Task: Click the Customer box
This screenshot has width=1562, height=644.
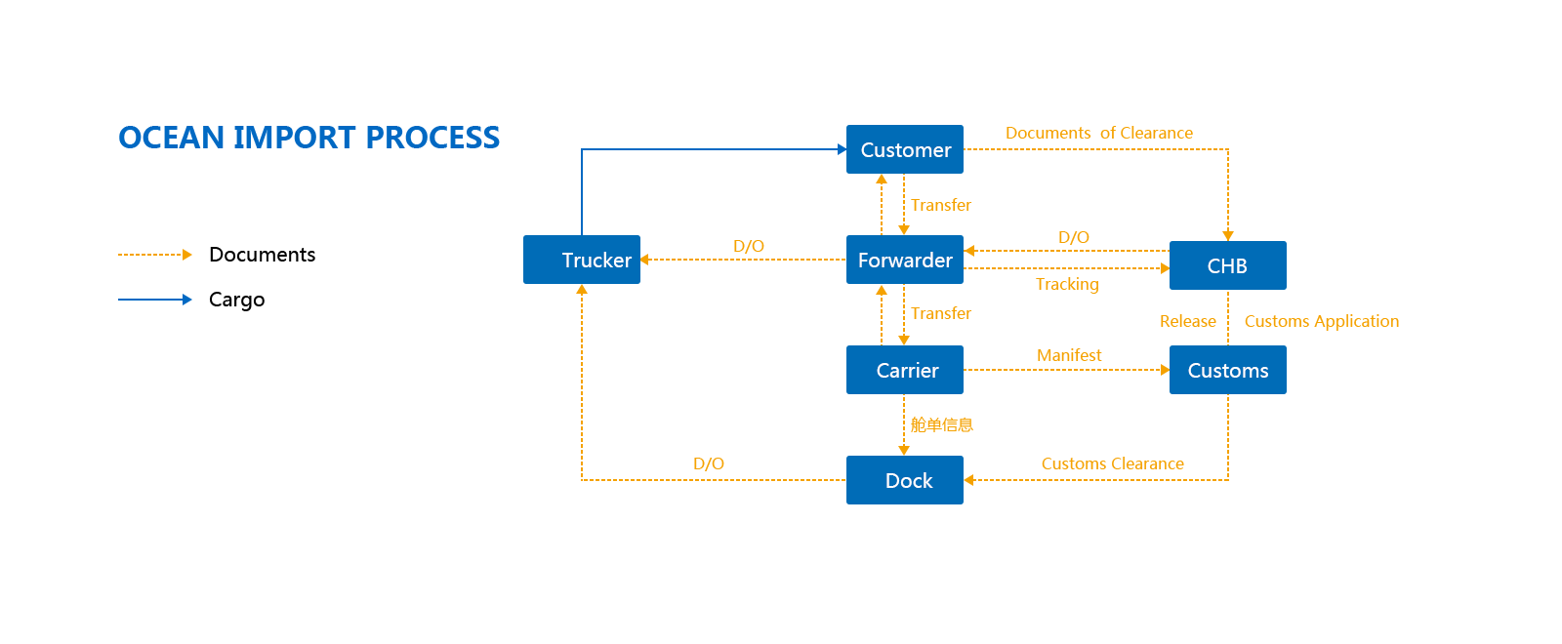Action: point(904,149)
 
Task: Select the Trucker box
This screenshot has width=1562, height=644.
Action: point(581,260)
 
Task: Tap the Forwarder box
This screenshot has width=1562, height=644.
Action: point(904,260)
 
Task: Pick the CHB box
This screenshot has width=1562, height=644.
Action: point(1227,265)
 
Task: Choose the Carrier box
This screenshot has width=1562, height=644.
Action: point(904,370)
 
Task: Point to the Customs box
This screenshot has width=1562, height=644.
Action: point(1227,370)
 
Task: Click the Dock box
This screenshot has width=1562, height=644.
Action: point(904,480)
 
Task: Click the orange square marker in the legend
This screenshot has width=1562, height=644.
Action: point(187,255)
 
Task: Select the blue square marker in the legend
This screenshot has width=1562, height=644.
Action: point(187,300)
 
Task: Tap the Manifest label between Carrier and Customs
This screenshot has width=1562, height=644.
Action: point(1069,355)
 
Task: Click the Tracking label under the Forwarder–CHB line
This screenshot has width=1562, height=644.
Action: point(1067,284)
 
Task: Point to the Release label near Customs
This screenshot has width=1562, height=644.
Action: point(1187,321)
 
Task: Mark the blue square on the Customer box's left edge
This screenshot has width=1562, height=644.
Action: point(841,149)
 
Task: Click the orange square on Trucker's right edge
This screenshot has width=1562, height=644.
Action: point(645,260)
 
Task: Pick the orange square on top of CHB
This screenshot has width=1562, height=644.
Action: point(1228,235)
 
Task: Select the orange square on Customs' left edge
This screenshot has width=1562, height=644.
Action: point(1164,370)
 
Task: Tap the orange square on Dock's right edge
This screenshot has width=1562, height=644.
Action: point(969,480)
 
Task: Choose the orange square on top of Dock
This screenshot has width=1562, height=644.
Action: point(904,450)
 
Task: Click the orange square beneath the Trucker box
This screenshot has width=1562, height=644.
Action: point(582,290)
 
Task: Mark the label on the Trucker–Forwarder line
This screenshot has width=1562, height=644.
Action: point(749,246)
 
